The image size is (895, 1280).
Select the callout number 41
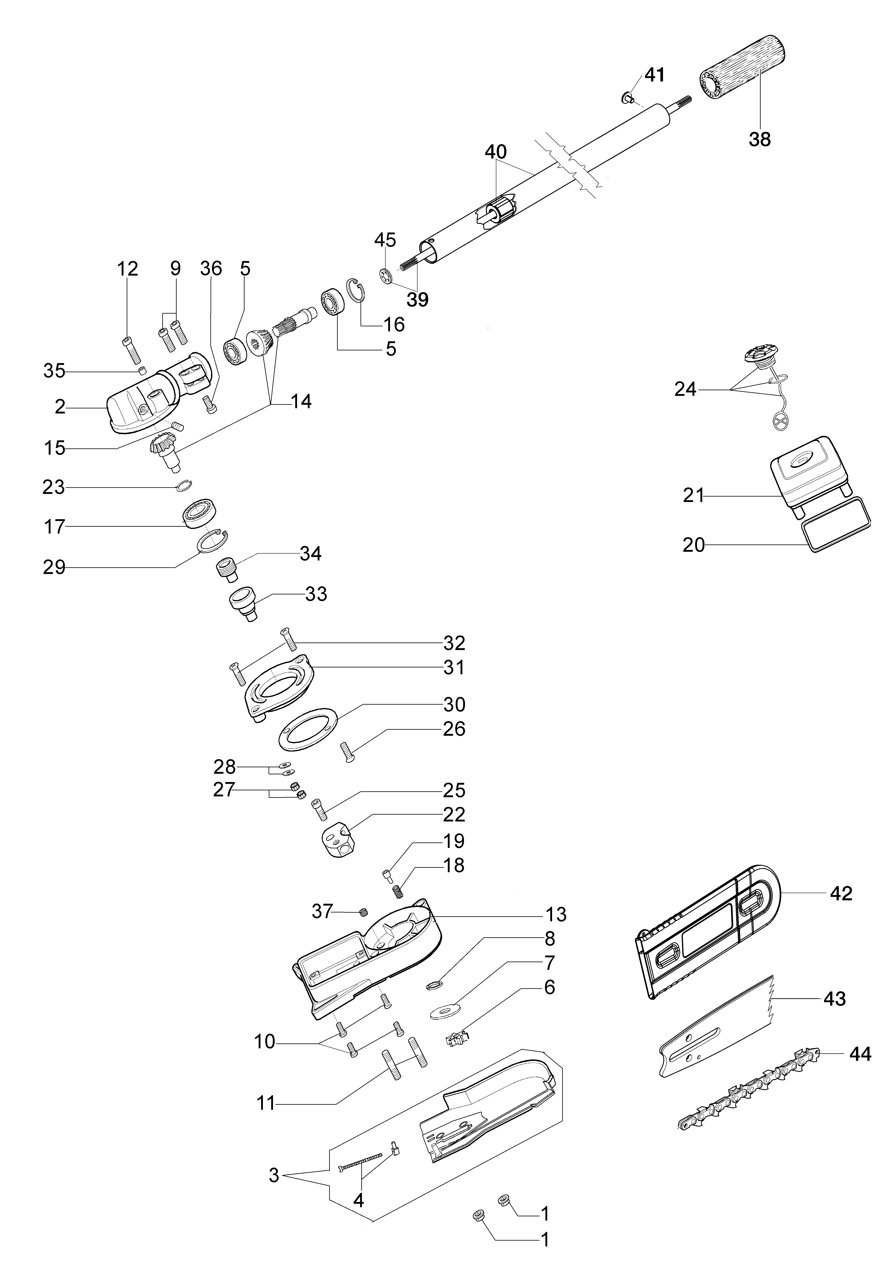click(x=655, y=75)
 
